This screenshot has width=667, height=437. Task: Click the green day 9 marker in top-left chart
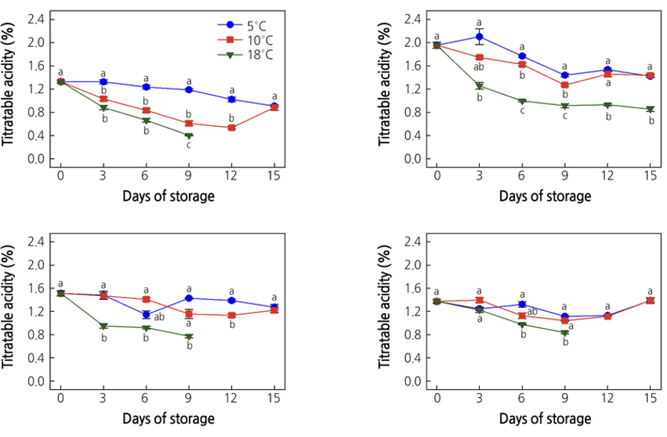tap(189, 136)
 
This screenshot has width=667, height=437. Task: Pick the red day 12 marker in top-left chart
tap(231, 128)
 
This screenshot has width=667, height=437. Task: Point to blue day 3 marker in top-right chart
tap(479, 37)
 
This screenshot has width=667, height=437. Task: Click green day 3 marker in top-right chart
tap(479, 86)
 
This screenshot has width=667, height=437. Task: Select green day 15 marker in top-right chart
tap(651, 110)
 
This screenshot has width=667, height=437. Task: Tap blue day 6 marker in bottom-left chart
tap(146, 315)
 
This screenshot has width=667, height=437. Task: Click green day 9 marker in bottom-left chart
tap(189, 336)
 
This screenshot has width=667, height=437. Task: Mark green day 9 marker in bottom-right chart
tap(565, 333)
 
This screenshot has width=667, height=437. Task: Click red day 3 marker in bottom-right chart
tap(479, 300)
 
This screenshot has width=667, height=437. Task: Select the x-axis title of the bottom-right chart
tap(545, 418)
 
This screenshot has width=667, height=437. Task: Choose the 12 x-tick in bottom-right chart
tap(607, 397)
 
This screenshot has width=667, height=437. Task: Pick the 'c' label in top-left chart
tap(189, 145)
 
